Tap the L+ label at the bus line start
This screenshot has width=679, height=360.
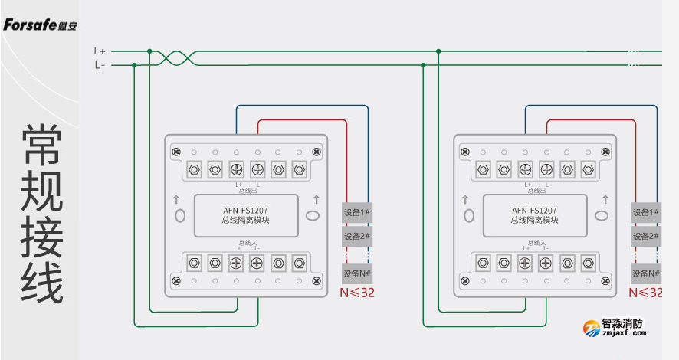tap(100, 51)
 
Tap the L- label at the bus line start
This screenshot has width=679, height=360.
tap(100, 65)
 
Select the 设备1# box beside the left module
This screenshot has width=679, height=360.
tap(357, 212)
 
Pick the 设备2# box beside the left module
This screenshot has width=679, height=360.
tap(357, 236)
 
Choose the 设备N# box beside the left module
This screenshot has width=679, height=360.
tap(357, 273)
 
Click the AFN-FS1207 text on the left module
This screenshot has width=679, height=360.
tap(245, 210)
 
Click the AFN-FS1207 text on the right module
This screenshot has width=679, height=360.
tap(534, 210)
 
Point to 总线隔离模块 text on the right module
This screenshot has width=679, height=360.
tap(534, 221)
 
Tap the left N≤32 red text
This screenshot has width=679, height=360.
tap(357, 293)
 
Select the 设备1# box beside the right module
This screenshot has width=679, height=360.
tap(645, 212)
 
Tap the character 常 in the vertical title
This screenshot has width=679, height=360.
tap(42, 144)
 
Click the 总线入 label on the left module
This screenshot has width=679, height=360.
tap(247, 242)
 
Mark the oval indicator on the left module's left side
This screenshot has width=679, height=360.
tap(180, 215)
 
